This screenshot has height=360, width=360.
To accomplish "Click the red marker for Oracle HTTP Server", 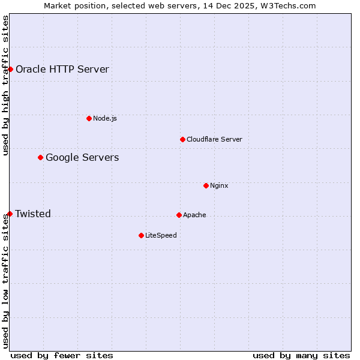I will click(10, 69).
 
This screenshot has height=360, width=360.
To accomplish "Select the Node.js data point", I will click(89, 118).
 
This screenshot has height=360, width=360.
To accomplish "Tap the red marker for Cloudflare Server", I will click(182, 139).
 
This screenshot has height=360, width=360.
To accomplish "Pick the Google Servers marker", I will click(40, 157).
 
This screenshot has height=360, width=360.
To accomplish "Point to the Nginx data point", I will click(206, 185).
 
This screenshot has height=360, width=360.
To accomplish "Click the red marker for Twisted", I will click(10, 214).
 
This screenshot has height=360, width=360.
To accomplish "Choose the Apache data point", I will click(179, 215).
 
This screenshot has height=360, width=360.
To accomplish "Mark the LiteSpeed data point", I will click(141, 235).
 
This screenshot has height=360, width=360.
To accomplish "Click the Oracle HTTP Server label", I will click(62, 69).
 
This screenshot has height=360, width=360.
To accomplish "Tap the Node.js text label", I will click(105, 118).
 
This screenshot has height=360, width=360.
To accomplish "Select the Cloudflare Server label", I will click(214, 139).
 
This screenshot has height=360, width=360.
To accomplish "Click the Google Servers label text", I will click(82, 157).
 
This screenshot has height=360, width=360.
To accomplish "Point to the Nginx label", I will click(219, 185).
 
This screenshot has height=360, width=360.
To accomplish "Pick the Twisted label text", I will click(33, 214).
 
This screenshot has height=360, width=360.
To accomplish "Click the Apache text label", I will click(194, 215).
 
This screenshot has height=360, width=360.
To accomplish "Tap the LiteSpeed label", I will click(161, 235).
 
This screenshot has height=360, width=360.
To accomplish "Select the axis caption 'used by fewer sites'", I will click(62, 355).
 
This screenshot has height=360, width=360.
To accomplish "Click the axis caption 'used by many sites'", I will click(301, 355).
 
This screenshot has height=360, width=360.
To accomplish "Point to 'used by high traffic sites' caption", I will click(5, 86).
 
